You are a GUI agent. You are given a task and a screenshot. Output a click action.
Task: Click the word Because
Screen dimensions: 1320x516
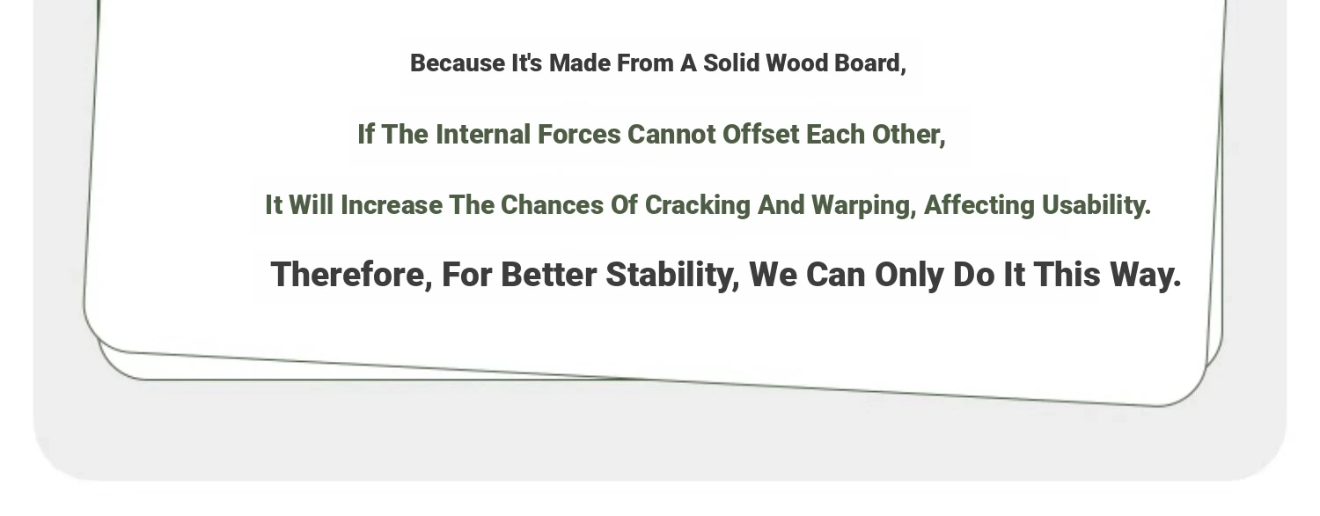[x=458, y=63]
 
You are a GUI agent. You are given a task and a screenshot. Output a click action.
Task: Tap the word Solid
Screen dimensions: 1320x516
[x=731, y=63]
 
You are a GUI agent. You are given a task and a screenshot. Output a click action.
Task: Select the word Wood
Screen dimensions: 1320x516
[x=796, y=63]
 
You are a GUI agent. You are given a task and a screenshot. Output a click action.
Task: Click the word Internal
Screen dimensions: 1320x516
[x=483, y=135]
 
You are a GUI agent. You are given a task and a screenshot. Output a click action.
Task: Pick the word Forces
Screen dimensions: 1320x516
[x=579, y=135]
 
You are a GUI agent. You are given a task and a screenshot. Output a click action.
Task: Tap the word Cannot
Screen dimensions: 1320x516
[x=671, y=135]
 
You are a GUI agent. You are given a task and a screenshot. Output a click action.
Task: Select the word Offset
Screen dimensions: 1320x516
[x=761, y=135]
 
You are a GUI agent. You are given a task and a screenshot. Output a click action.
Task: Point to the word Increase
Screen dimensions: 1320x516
[x=392, y=205]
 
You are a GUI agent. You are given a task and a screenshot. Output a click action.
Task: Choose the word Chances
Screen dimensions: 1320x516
[x=552, y=205]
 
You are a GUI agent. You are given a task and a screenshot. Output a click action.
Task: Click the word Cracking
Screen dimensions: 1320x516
[x=698, y=206]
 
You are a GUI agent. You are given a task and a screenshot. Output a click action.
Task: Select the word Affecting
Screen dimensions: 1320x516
[x=979, y=206]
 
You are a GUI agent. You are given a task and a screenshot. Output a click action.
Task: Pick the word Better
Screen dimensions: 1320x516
[x=548, y=275]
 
